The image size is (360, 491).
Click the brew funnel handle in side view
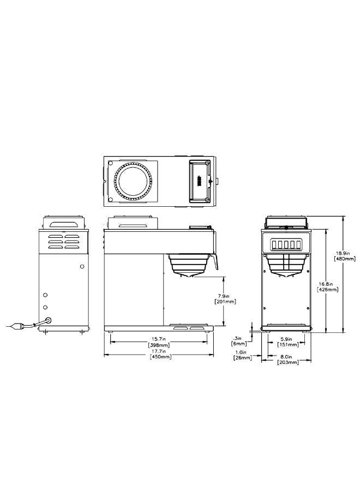point(216,261)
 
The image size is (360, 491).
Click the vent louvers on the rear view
point(64,242)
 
